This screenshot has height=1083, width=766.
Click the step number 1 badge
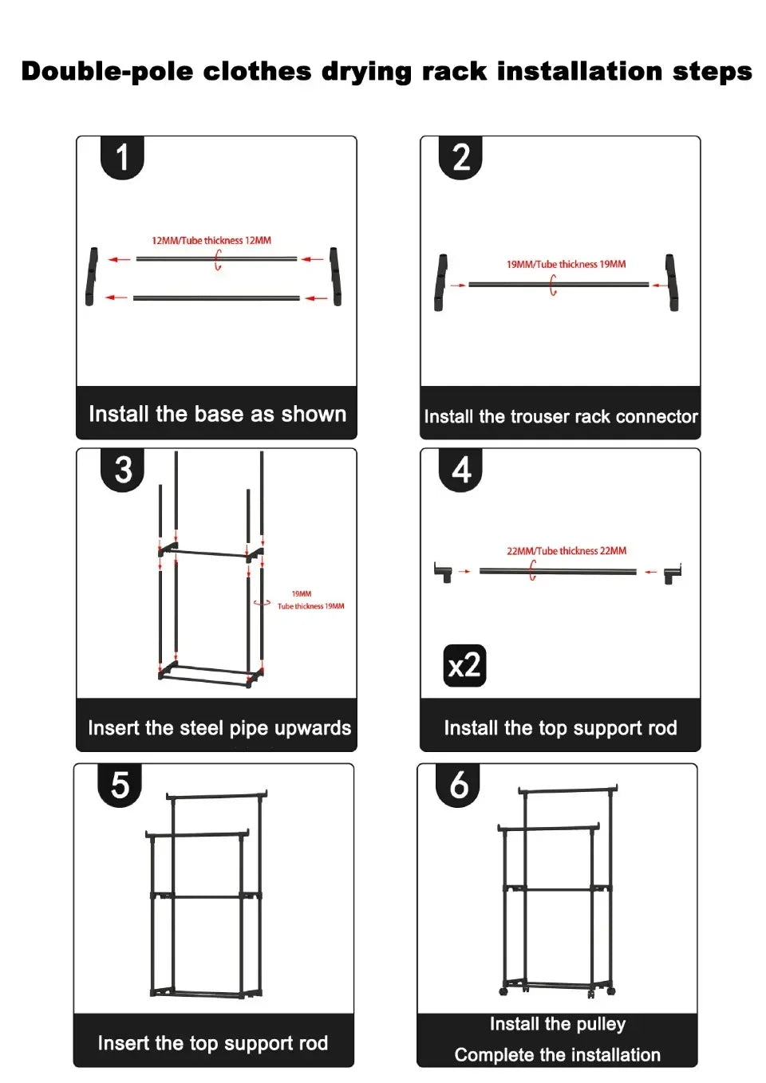(122, 157)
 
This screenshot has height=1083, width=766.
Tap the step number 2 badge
(460, 157)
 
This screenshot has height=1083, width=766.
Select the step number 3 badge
(122, 470)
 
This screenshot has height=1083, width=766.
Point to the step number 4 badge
(460, 470)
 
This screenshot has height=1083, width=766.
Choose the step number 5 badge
(120, 785)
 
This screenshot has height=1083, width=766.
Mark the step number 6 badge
(458, 785)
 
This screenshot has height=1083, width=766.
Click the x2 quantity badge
(464, 665)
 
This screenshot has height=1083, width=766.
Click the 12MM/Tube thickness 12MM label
(211, 240)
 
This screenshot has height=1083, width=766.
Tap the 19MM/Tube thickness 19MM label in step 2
(566, 264)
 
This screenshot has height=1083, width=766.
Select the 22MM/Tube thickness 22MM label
(567, 551)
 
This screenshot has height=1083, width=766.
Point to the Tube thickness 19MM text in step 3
(310, 606)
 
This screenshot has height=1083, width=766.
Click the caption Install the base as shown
(217, 414)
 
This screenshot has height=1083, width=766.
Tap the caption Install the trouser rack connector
(560, 416)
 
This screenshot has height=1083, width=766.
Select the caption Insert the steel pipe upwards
(219, 728)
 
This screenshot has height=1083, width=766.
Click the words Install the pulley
(557, 1024)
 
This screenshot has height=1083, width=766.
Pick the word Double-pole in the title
(106, 71)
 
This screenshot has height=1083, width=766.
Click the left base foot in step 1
(92, 276)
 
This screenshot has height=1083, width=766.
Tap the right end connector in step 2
(673, 282)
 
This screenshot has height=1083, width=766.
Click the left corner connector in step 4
(443, 572)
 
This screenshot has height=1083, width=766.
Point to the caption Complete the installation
(557, 1055)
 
